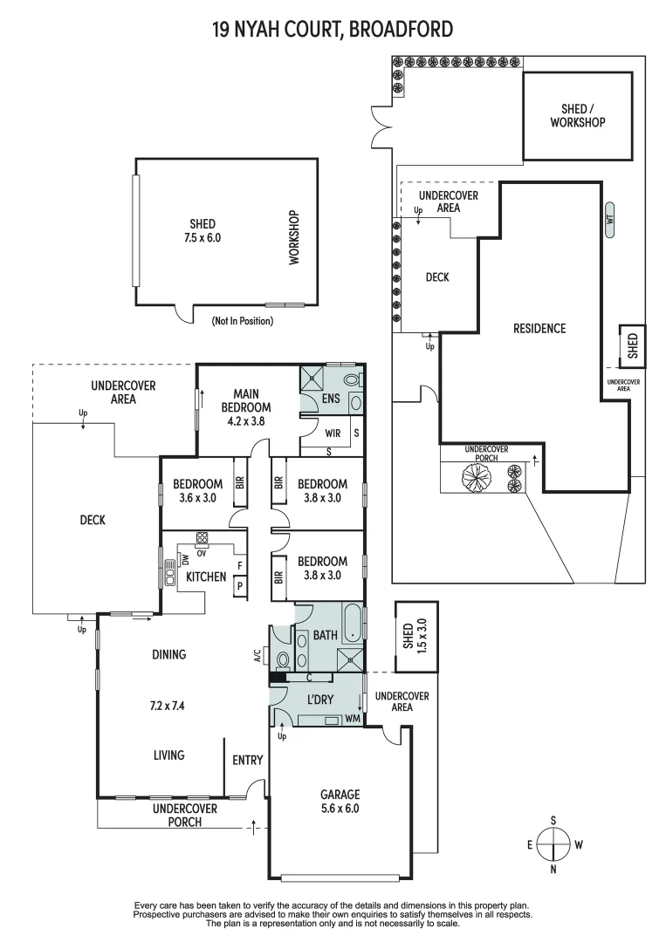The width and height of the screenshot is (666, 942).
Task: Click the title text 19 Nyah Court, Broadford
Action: click(333, 30)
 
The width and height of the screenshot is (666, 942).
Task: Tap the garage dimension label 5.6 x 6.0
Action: click(340, 809)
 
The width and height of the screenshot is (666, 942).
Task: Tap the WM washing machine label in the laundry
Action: click(352, 718)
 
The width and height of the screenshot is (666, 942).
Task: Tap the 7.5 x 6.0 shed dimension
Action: click(202, 236)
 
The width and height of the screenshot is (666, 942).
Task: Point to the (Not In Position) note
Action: click(242, 321)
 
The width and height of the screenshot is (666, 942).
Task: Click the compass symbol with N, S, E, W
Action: click(553, 844)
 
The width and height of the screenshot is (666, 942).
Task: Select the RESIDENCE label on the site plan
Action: click(539, 328)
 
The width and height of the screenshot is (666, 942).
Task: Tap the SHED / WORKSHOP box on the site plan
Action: click(577, 116)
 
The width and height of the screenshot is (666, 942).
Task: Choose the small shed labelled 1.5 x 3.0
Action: click(415, 637)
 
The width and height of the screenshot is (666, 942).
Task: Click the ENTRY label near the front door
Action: click(248, 761)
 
